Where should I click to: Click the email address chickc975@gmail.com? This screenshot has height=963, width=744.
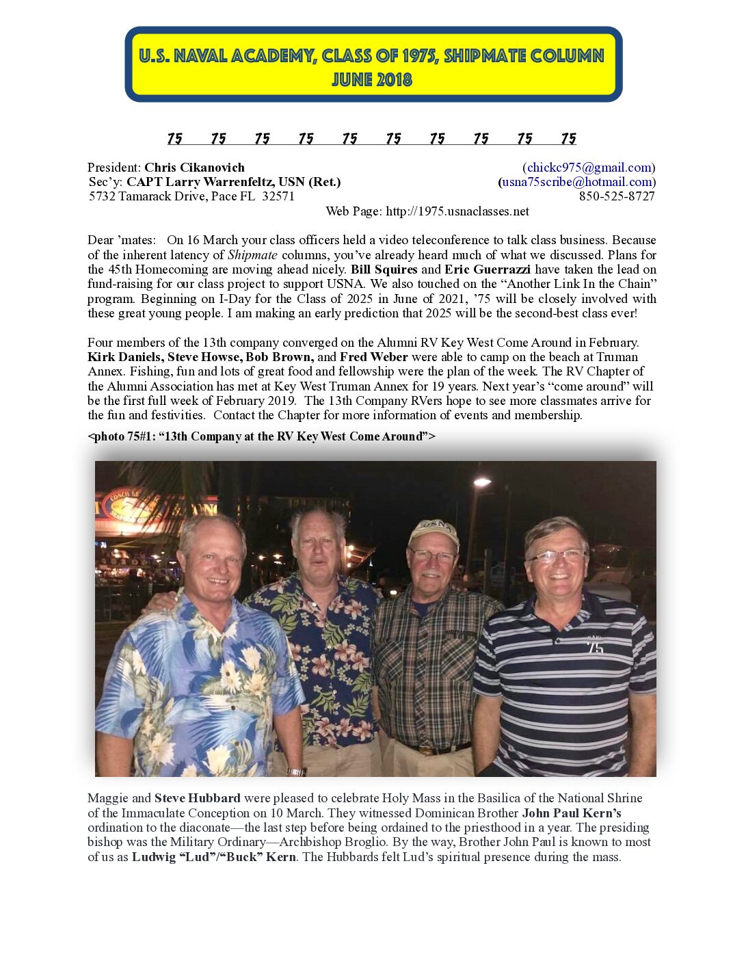(x=589, y=168)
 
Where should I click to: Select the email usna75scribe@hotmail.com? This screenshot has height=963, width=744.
(x=577, y=182)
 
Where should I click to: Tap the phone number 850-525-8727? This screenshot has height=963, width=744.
(x=617, y=196)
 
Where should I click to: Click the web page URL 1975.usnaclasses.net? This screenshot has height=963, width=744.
(x=457, y=211)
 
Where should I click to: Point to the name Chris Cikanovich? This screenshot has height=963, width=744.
(x=194, y=168)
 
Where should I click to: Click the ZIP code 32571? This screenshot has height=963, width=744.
(x=278, y=196)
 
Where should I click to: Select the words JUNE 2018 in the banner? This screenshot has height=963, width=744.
(x=372, y=80)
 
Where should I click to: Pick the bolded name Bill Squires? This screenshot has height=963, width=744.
(x=384, y=269)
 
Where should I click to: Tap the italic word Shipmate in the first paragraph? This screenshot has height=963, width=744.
(x=252, y=255)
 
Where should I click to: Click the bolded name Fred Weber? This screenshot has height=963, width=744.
(x=374, y=357)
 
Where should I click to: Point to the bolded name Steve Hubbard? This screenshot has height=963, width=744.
(x=198, y=798)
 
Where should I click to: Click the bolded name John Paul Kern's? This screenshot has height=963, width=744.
(x=572, y=813)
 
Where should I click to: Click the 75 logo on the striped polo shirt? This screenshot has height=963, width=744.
(x=595, y=645)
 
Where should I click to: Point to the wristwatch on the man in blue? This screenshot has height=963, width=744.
(x=296, y=771)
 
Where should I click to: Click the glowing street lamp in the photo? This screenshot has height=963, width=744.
(x=481, y=482)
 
